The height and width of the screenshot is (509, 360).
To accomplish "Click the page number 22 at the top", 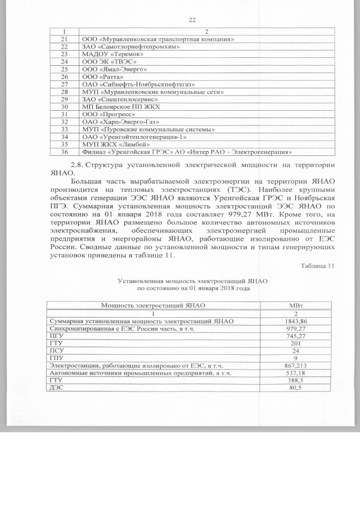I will pyautogui.click(x=191, y=20).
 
